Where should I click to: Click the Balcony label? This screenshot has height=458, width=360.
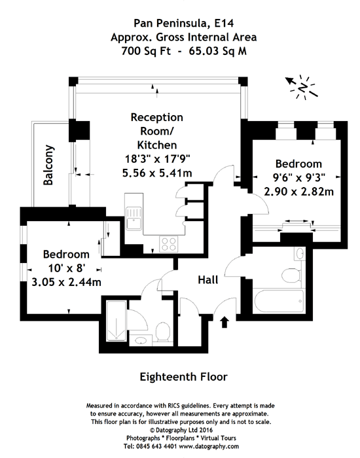pos(48,165)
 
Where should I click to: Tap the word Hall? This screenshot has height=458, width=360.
pos(208,280)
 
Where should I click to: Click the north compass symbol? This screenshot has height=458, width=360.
pos(302,87)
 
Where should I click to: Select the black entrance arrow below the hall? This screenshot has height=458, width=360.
pos(224,322)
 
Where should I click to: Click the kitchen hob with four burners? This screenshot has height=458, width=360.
pos(169,244)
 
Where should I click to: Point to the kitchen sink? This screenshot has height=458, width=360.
pos(134,219)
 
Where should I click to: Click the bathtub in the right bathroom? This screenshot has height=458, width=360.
pos(279,302)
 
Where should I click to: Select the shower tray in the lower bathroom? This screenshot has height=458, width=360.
pos(117,321)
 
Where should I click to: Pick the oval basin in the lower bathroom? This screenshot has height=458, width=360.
pos(141,340)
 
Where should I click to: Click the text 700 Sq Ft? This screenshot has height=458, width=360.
pos(146,52)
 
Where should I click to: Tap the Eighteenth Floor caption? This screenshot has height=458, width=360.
pos(183,377)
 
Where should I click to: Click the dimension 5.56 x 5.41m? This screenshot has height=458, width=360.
pos(157,173)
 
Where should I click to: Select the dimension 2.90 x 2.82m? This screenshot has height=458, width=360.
pos(299,192)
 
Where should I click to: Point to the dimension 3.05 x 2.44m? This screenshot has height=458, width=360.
pos(66,282)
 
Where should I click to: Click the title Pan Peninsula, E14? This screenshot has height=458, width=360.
pos(184,24)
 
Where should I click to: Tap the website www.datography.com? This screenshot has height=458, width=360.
pos(209,446)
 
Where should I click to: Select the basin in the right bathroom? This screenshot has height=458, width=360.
pos(300,254)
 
